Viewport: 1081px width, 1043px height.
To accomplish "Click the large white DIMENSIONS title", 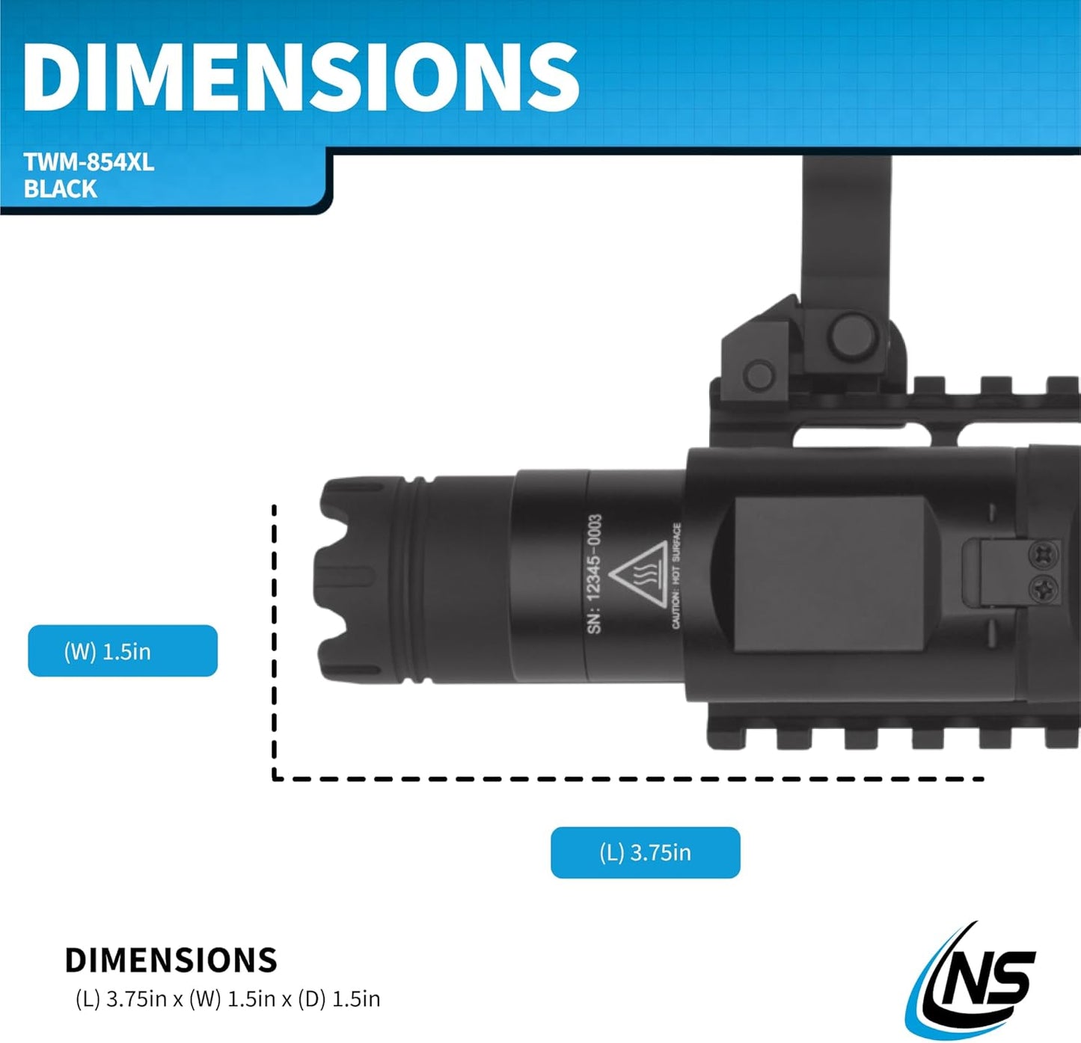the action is pyautogui.click(x=301, y=77).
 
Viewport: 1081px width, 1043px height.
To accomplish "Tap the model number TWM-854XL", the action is pyautogui.click(x=89, y=163).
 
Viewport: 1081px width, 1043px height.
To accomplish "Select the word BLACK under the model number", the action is pyautogui.click(x=61, y=188).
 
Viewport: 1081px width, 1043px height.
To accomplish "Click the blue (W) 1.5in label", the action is pyautogui.click(x=123, y=650).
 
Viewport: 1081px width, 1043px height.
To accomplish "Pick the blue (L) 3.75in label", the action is pyautogui.click(x=645, y=852).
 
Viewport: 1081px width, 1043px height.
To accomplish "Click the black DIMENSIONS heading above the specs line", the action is pyautogui.click(x=171, y=960).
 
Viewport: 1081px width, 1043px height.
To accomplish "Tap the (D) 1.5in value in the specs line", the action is pyautogui.click(x=339, y=999).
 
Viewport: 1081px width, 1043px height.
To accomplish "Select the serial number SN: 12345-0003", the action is pyautogui.click(x=595, y=574).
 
